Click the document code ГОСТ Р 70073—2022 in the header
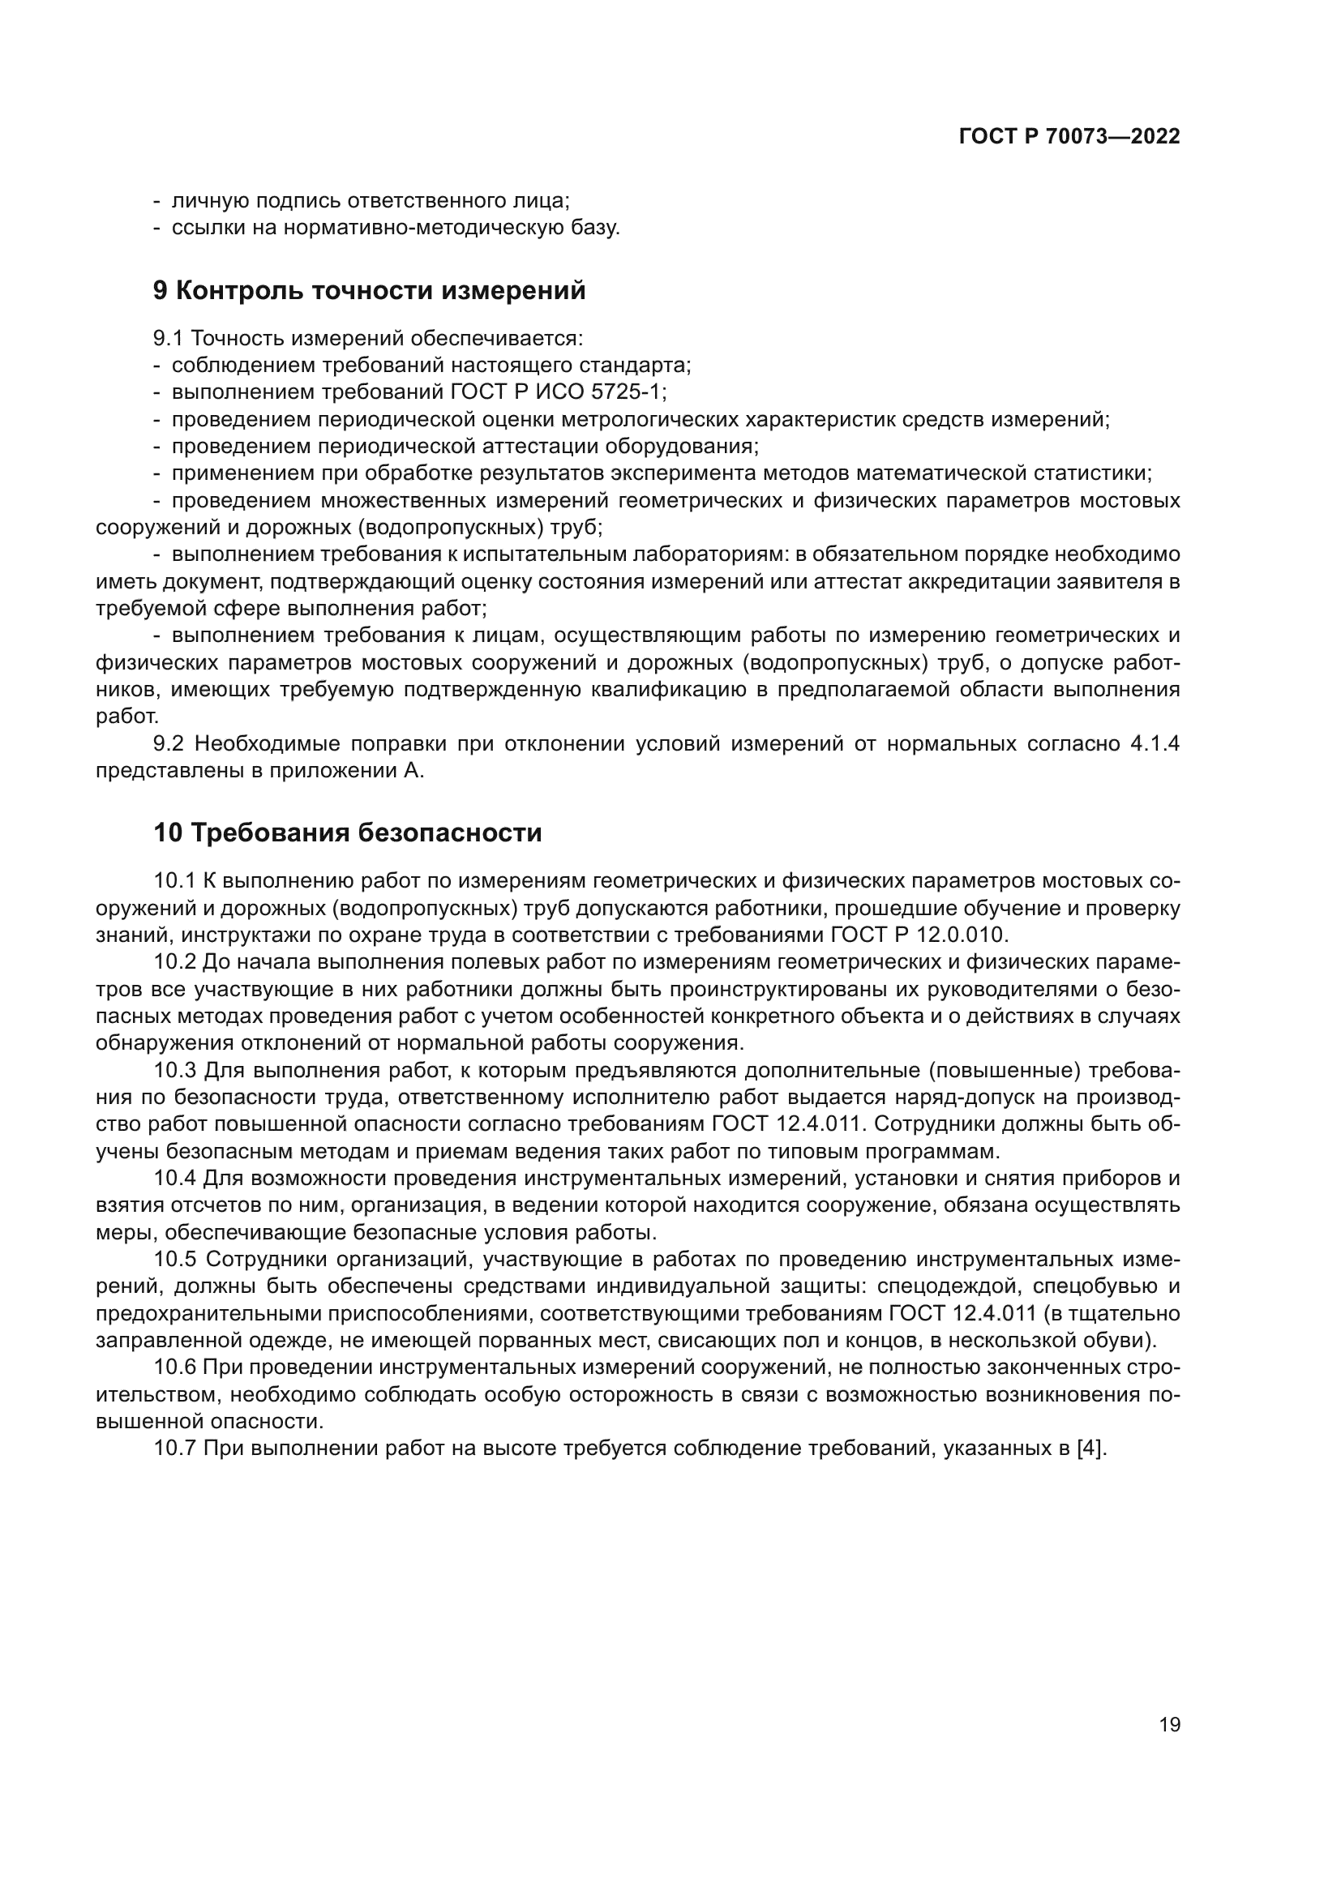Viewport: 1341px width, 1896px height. click(x=1069, y=137)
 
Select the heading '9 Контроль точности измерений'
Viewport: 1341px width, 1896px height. click(x=369, y=291)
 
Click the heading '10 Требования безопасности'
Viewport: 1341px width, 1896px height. click(x=348, y=832)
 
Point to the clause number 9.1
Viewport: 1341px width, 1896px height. click(x=169, y=338)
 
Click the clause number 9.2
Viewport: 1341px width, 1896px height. click(x=169, y=744)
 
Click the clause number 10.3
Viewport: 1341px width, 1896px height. click(x=175, y=1071)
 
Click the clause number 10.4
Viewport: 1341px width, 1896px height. click(x=175, y=1179)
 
